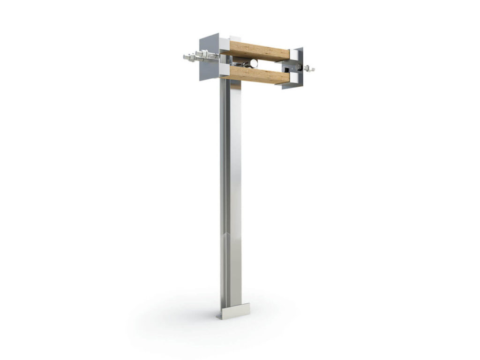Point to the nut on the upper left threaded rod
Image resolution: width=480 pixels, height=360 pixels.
[x=204, y=55]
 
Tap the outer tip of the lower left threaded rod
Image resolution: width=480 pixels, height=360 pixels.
[x=185, y=57]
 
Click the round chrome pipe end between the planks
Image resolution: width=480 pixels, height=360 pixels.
[x=254, y=63]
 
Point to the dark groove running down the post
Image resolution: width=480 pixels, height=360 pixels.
[x=228, y=187]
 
